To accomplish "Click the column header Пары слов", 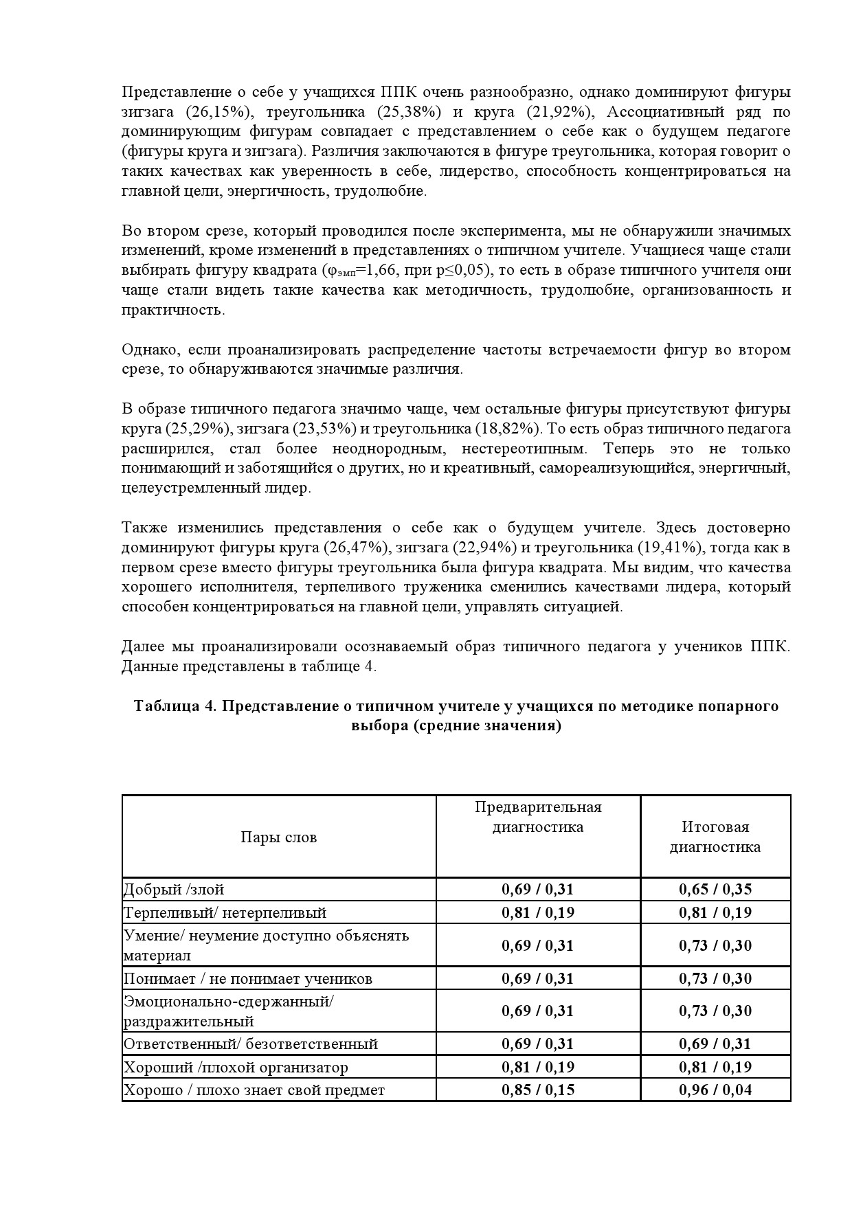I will click(278, 837).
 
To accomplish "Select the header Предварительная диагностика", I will click(537, 817).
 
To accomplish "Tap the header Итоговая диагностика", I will click(715, 837).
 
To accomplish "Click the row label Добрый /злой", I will click(174, 890).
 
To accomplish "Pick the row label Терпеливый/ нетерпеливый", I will click(225, 913).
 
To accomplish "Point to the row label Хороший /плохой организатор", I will click(236, 1067).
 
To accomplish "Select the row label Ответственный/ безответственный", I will click(251, 1044).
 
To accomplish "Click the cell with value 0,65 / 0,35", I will click(715, 890).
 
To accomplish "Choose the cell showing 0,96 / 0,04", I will click(715, 1090).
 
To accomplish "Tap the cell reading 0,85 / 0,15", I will click(537, 1090).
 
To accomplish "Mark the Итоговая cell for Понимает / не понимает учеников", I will click(715, 978).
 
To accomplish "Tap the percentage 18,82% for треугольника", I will click(508, 429).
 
